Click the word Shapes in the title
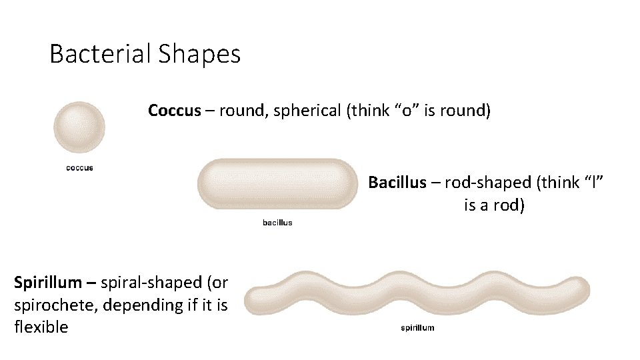(x=199, y=54)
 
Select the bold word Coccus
(x=174, y=110)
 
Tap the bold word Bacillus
(x=397, y=182)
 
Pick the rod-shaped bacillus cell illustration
(x=277, y=184)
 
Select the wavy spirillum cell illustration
(x=417, y=294)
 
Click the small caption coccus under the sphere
(x=79, y=168)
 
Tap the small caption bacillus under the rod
(x=277, y=223)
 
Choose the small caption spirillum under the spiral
(x=417, y=327)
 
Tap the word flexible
(x=41, y=327)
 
